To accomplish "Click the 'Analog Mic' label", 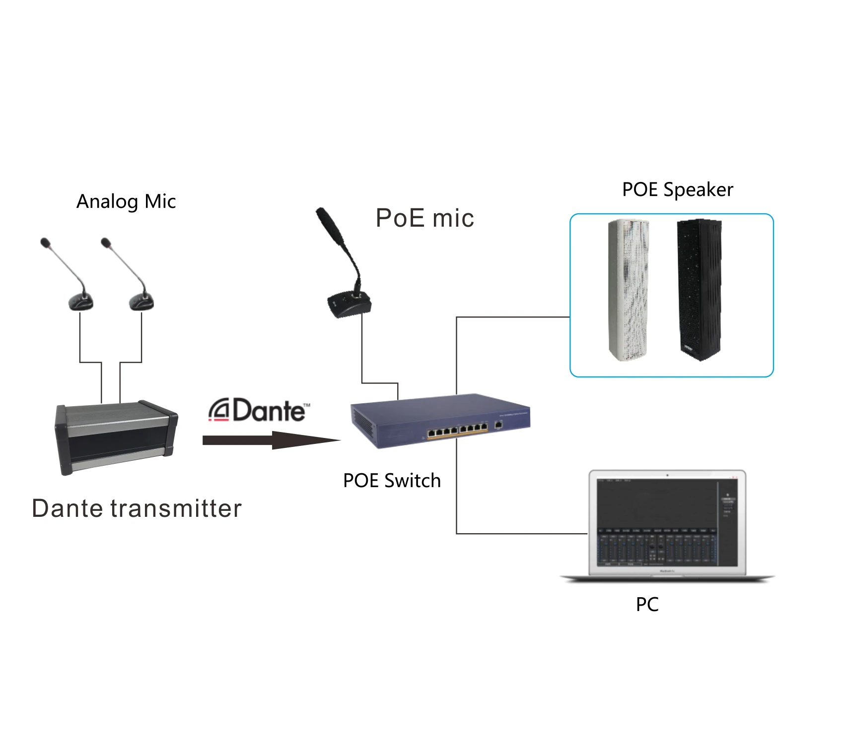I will (x=126, y=202).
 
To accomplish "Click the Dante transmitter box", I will (x=117, y=436).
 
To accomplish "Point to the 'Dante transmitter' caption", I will (x=137, y=508).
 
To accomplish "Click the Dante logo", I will (x=259, y=410).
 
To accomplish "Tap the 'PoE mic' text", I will (x=424, y=218).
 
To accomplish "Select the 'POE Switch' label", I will (x=392, y=481).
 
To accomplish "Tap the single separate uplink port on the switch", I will (x=498, y=425).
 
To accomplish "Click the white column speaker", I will (x=629, y=290).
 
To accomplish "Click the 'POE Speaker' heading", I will (x=677, y=190).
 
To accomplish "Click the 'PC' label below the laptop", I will (x=647, y=605).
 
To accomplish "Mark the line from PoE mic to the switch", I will (x=362, y=352).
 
